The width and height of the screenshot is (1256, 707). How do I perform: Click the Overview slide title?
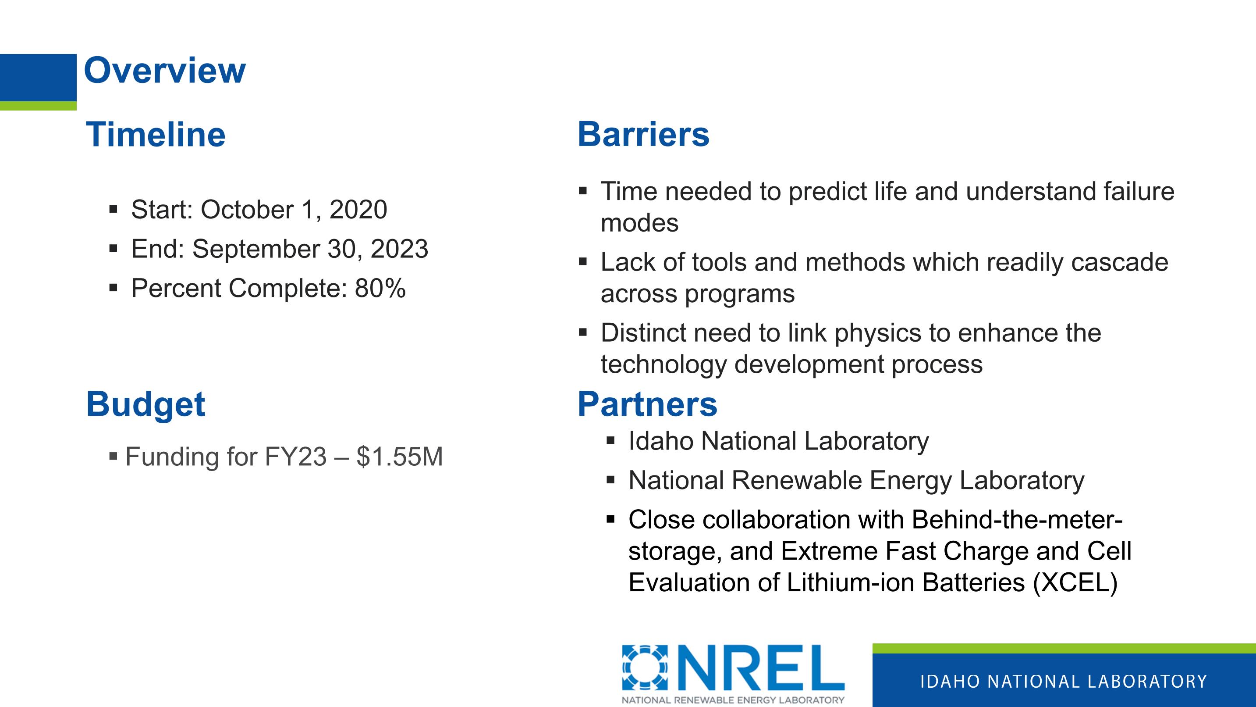tap(165, 71)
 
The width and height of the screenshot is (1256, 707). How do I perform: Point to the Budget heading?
tap(146, 405)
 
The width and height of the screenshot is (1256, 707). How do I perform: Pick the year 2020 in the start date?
tap(358, 210)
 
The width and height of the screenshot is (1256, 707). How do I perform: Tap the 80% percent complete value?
tap(380, 288)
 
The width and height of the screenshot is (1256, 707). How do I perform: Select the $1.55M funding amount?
tap(399, 457)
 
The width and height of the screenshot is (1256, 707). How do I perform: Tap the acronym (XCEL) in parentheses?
tap(1075, 582)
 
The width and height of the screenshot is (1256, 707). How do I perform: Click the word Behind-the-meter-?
tap(1017, 520)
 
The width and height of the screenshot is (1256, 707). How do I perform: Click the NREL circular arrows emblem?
tap(645, 668)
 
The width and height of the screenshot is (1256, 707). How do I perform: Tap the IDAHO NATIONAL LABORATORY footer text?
tap(1064, 682)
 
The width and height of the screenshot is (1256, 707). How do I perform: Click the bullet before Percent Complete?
tap(114, 288)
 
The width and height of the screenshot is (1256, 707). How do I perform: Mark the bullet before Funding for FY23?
tap(114, 457)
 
